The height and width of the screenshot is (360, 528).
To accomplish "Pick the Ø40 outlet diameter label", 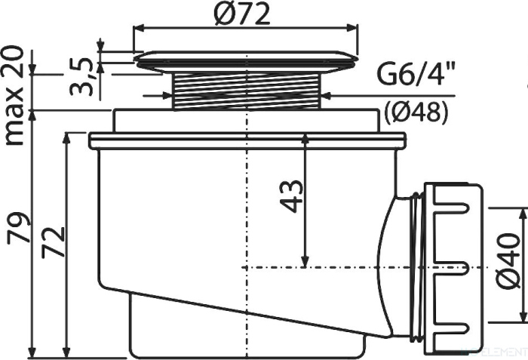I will coord(509,260).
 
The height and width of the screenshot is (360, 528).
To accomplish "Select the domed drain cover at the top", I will coord(245,61).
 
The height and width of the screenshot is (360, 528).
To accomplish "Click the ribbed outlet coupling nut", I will coord(453,267).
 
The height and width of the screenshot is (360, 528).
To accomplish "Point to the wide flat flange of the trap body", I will coord(247,140).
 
